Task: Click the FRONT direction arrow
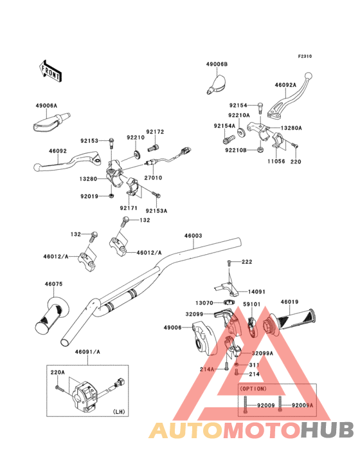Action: [50, 71]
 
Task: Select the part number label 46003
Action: [194, 235]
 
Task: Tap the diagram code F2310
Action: [305, 56]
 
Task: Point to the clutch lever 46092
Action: [68, 162]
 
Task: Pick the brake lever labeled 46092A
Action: [289, 96]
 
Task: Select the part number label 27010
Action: [153, 178]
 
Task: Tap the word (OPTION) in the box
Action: [253, 389]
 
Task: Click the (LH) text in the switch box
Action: [118, 412]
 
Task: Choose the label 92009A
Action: [302, 405]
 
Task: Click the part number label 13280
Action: [88, 179]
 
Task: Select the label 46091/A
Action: [87, 352]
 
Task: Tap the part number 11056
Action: [276, 162]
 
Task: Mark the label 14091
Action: [256, 291]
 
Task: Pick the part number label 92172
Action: [155, 132]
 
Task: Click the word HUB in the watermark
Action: [327, 430]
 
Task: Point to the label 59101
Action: [251, 304]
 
